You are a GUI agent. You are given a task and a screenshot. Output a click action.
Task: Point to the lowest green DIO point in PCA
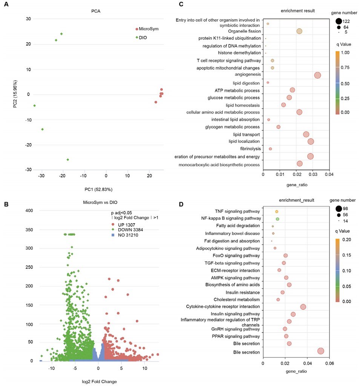click(68, 160)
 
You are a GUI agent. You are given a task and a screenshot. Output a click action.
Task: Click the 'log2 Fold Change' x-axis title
click(99, 381)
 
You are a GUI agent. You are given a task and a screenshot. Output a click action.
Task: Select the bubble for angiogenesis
click(317, 76)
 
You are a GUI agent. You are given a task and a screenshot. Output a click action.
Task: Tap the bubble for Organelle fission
click(299, 31)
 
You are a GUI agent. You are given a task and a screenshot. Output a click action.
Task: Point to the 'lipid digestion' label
click(245, 83)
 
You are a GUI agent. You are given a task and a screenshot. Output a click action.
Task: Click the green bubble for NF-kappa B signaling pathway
click(277, 219)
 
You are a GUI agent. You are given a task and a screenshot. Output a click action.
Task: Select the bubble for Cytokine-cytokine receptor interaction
click(303, 307)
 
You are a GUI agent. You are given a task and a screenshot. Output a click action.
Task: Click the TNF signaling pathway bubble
click(277, 212)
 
